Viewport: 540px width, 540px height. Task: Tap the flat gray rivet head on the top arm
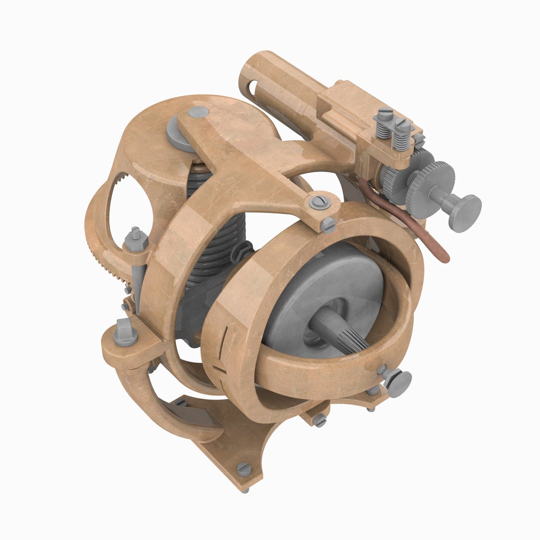(198, 111)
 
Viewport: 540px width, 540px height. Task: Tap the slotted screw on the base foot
(243, 469)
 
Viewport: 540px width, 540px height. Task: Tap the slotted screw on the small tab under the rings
(320, 420)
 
